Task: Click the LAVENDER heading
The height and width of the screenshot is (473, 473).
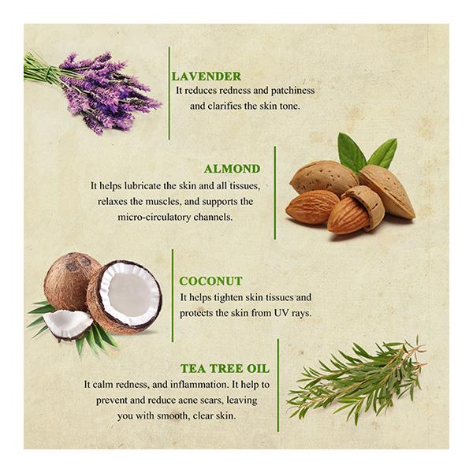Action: point(207,76)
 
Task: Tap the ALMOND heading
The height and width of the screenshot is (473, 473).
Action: point(232,169)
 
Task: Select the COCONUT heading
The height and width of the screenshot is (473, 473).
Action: point(210,281)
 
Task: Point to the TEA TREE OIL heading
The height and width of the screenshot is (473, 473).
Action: point(225,368)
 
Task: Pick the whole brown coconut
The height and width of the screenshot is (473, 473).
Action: point(70,281)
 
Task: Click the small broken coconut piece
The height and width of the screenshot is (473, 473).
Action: point(68,324)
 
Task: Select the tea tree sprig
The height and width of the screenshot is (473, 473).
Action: point(356,381)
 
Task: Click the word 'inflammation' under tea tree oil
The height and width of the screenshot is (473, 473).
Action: point(200,385)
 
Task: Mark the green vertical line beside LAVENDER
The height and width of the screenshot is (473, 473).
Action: point(169,93)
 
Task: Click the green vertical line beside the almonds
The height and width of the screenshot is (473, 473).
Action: point(275,193)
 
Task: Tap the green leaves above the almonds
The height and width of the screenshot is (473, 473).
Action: point(367,152)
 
